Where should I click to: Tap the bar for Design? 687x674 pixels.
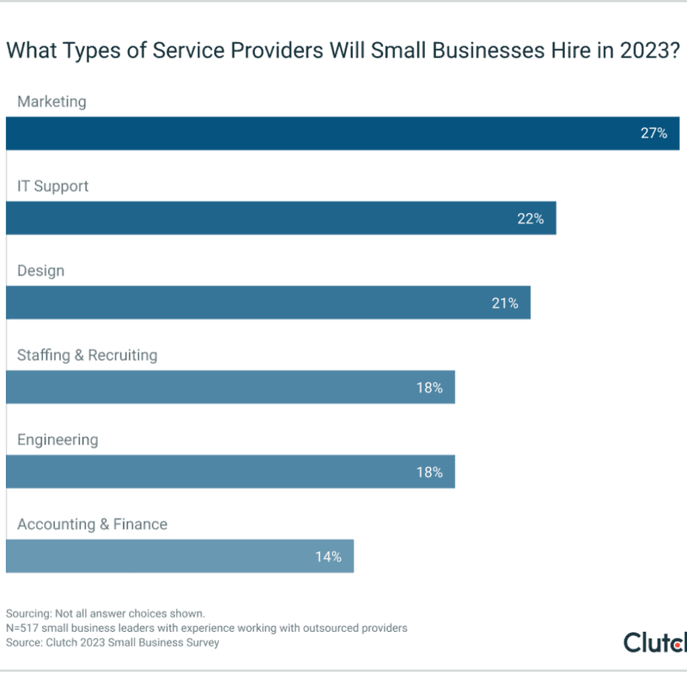[268, 302]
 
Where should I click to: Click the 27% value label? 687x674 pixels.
[653, 134]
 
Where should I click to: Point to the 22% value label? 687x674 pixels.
[530, 218]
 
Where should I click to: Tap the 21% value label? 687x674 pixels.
[505, 303]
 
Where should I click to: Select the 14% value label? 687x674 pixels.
[328, 557]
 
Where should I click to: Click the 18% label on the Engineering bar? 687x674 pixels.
[429, 472]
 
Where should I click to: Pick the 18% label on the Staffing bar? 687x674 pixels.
[429, 387]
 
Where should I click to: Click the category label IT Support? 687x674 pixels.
[53, 186]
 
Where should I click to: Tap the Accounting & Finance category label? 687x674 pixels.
[93, 524]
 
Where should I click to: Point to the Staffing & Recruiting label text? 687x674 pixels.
[87, 355]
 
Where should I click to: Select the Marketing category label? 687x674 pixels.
[52, 101]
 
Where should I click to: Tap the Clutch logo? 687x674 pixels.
[654, 641]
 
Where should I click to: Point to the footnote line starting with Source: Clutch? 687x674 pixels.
[113, 642]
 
